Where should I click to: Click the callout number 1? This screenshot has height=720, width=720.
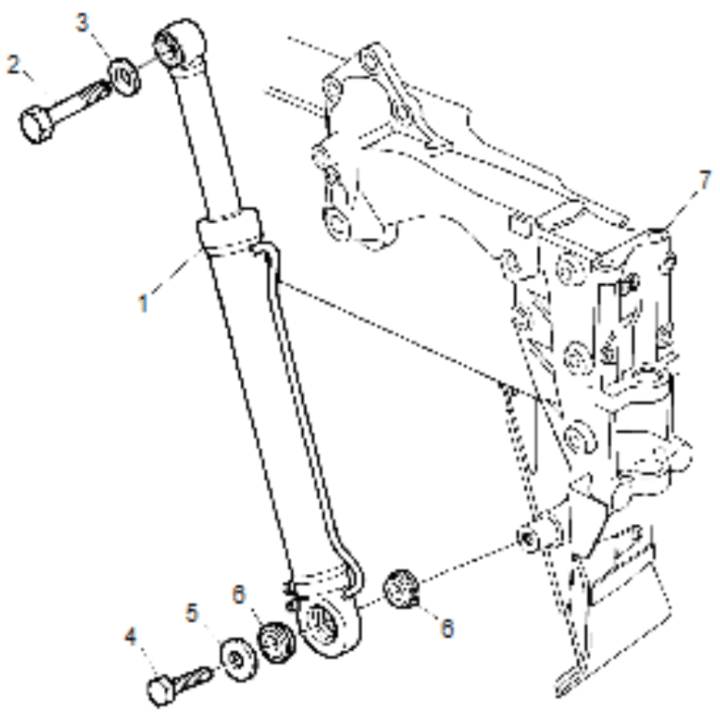[x=144, y=303]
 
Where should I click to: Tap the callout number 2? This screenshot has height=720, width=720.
[x=13, y=65]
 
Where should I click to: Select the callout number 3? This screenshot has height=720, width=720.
[x=83, y=22]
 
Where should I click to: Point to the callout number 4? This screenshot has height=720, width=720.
[x=131, y=636]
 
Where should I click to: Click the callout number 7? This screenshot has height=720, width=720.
[x=704, y=180]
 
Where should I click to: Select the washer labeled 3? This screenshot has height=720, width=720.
[x=125, y=77]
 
